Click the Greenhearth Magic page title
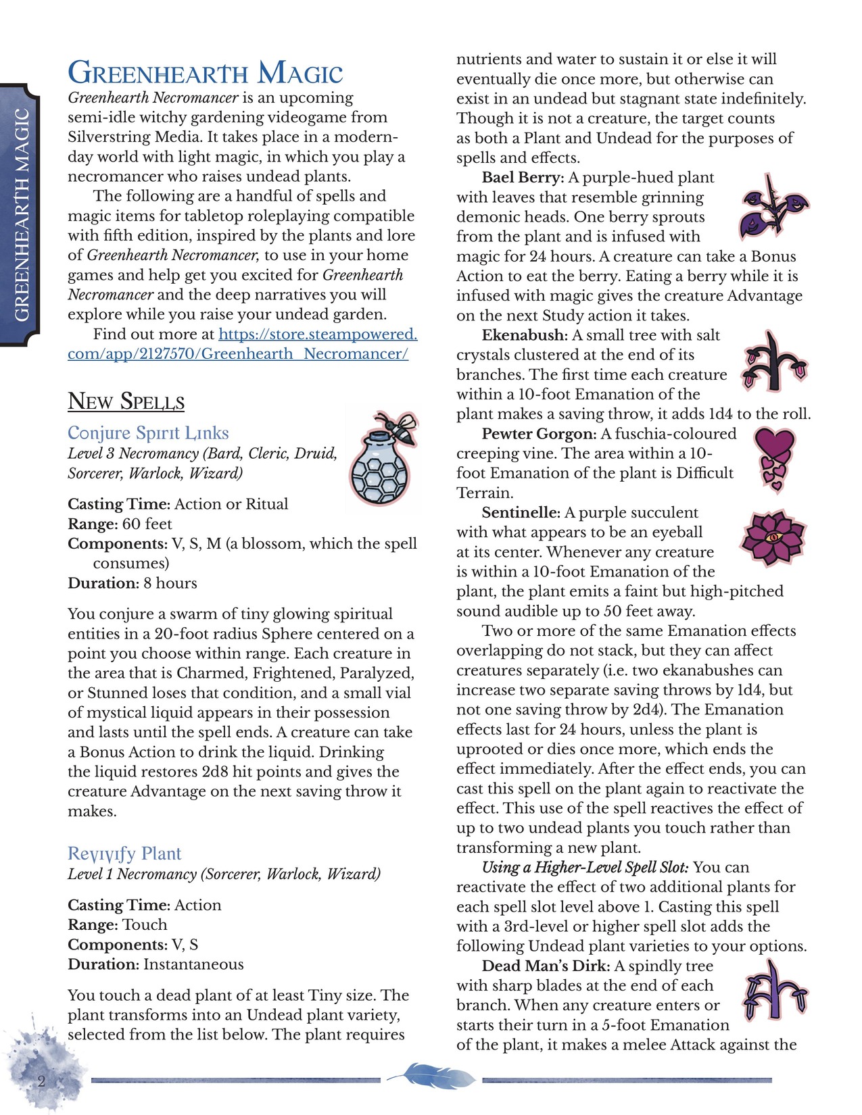click(206, 73)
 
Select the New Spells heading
click(126, 401)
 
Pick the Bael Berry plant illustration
click(775, 207)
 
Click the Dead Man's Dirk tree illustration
click(775, 991)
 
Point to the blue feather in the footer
click(431, 1075)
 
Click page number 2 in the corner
click(41, 1081)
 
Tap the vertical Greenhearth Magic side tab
click(22, 215)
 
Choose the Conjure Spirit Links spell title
click(148, 433)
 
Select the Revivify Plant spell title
click(124, 853)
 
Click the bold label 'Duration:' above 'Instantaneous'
click(103, 964)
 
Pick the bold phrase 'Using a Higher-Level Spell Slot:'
click(585, 868)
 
